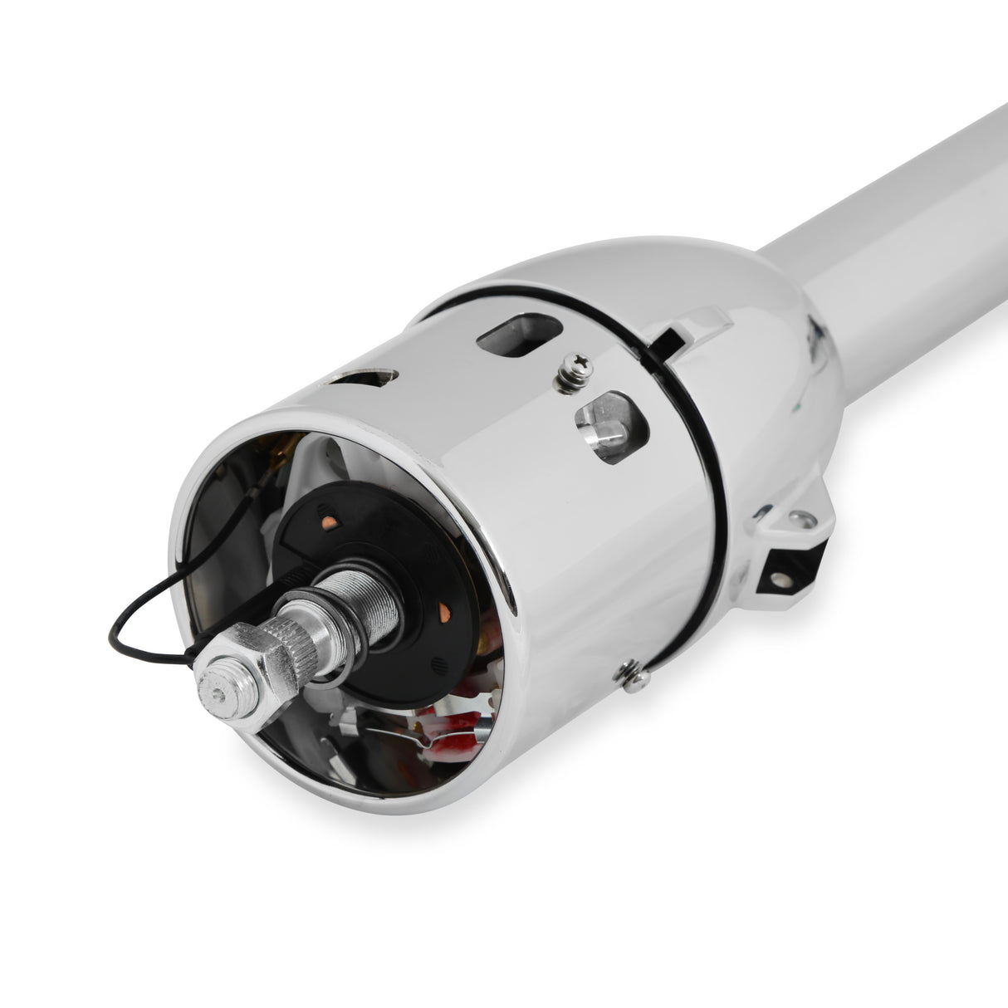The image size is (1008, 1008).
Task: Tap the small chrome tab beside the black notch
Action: click(706, 320)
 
